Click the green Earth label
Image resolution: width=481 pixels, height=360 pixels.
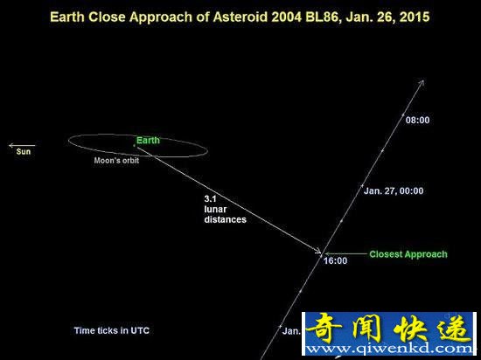point(148,141)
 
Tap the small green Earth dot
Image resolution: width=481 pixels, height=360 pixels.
point(134,146)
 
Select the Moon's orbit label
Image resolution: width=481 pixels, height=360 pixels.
point(116,160)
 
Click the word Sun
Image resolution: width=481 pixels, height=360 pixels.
point(24,151)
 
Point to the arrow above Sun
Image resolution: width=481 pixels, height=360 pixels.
point(22,145)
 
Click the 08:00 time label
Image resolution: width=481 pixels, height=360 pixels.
point(417,120)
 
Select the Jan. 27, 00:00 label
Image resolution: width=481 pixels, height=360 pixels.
point(394,190)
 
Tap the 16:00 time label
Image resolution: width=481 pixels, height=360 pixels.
point(336,260)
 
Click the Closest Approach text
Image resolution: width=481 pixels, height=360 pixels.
point(408,254)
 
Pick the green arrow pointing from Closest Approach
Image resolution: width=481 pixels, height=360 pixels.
point(345,253)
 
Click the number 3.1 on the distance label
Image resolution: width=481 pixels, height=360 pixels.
point(211,199)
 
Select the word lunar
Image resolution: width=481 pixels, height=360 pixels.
point(215,209)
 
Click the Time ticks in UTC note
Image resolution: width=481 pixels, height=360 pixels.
point(112,330)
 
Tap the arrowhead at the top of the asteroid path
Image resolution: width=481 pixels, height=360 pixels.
point(422,82)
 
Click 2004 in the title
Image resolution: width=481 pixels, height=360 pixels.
point(287,17)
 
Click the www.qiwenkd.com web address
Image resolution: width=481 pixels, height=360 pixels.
point(389,349)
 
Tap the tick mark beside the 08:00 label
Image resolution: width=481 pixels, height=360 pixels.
point(403,114)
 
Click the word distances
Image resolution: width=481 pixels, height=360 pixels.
point(225,219)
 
